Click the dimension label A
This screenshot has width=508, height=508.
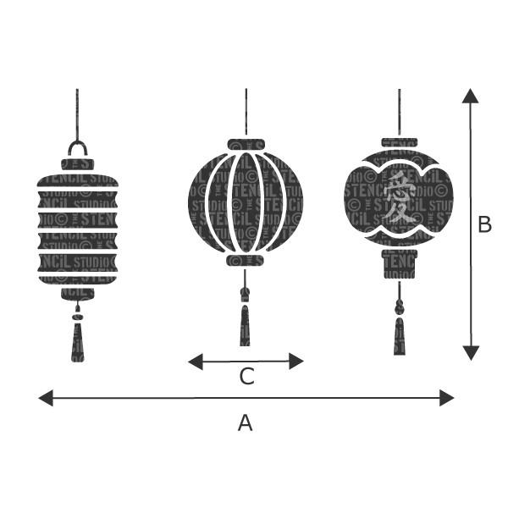pos(245,422)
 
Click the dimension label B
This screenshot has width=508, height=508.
pos(484,224)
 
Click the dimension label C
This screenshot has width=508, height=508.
pos(246,377)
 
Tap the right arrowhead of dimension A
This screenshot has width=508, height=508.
pos(447,398)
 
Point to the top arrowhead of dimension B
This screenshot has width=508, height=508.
pos(471,95)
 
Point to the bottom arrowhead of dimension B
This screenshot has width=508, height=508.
pos(471,353)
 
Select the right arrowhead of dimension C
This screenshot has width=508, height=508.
pos(296,362)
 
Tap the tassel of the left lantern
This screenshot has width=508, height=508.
pos(78,343)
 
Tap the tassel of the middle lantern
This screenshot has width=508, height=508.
pos(246,326)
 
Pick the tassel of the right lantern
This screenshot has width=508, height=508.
pos(400,336)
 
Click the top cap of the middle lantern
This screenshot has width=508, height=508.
pos(246,144)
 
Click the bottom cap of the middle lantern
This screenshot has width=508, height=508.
pos(246,261)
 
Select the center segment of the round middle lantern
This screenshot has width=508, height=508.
pos(246,202)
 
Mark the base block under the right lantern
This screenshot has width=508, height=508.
pos(399,263)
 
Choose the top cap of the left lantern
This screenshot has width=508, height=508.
pos(78,163)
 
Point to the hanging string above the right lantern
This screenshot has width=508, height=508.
pos(400,110)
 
